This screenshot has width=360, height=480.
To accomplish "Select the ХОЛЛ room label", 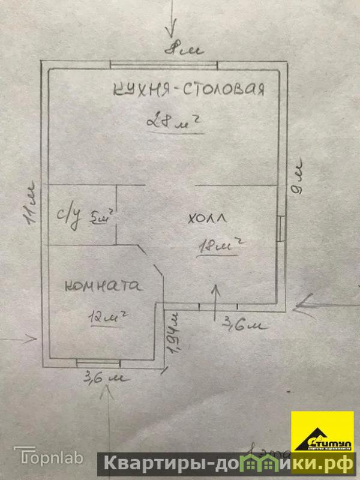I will (x=208, y=220).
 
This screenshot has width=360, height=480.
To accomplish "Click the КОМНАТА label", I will (x=103, y=286).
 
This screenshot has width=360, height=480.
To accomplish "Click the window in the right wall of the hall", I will (x=281, y=227).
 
